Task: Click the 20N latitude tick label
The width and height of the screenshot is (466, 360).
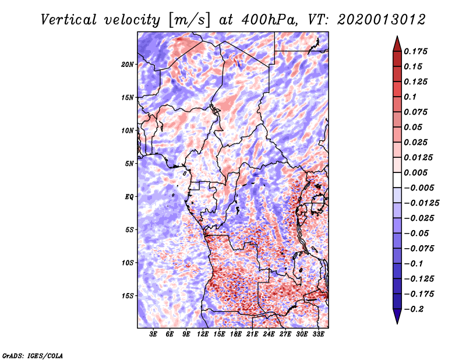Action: [x=128, y=64]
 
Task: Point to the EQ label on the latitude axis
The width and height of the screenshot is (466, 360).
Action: [x=129, y=197]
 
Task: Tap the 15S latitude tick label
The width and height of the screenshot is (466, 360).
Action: [x=128, y=296]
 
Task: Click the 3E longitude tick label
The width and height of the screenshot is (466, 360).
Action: [x=154, y=334]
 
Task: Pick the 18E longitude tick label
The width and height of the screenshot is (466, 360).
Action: [x=236, y=334]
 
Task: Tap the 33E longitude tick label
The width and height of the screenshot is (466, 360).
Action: [x=319, y=334]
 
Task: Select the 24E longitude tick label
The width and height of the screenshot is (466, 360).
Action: [x=269, y=334]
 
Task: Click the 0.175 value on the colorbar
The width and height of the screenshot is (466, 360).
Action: [x=416, y=51]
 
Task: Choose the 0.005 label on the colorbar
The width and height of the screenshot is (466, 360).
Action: [x=416, y=172]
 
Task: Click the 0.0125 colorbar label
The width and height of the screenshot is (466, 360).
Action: [x=418, y=157]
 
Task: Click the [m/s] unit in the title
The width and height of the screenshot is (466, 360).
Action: [x=188, y=20]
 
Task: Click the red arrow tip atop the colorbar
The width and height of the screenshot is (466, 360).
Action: [x=396, y=41]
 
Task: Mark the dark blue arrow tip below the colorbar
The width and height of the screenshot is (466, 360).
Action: [x=396, y=318]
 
